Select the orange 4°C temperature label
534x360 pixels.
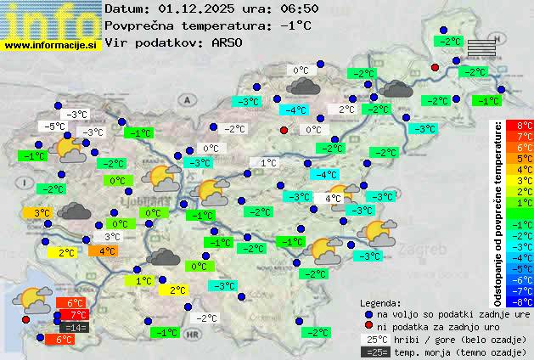coord(107,251)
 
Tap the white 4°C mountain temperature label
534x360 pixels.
coord(332,199)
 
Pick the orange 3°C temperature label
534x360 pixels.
coord(42,213)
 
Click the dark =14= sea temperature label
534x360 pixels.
coord(75,327)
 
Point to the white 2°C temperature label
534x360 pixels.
coord(346,110)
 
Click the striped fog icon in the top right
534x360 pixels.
coord(481,48)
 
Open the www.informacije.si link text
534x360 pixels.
coord(51,45)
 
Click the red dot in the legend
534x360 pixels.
coord(368,327)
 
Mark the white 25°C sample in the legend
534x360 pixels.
coord(374,339)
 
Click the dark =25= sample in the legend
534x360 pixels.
coord(374,352)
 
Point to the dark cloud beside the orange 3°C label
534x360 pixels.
coord(76,212)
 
